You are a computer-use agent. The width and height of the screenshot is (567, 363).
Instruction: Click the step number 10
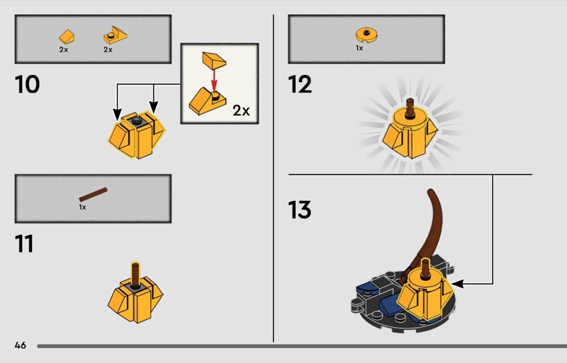coord(27,84)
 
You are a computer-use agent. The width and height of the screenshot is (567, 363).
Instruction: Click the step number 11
coord(24,243)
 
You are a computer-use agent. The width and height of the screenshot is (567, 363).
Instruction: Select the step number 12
coord(300,84)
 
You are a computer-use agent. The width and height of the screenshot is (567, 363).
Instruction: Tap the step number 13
coord(299,210)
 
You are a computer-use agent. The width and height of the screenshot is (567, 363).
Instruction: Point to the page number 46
coord(21,345)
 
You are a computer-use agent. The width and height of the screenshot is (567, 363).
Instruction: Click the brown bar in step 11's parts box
coord(94,195)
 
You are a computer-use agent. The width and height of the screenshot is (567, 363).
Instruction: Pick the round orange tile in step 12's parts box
coord(366,35)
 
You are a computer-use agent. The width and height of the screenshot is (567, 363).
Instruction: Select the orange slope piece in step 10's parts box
coord(67,37)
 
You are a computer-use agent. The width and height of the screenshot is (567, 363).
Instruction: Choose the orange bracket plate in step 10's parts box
coord(116,35)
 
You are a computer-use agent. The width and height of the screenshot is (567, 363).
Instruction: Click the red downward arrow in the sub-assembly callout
coord(215,81)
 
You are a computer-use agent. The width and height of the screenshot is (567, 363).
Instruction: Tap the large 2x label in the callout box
coord(241,110)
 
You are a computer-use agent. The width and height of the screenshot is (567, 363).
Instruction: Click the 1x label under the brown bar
coord(82,207)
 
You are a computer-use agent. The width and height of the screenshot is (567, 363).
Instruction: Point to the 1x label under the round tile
coord(359,48)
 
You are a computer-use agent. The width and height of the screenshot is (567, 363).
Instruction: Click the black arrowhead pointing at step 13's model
coord(457,284)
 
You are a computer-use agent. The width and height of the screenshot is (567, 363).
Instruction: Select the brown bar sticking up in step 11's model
coord(135,275)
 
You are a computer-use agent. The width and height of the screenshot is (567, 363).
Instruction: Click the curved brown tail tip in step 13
coord(430,191)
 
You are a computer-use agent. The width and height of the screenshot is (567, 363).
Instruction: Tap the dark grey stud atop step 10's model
coord(136,120)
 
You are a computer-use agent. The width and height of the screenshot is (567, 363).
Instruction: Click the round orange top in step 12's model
coord(410,119)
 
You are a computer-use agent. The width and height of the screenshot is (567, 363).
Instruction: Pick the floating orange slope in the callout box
coord(214,60)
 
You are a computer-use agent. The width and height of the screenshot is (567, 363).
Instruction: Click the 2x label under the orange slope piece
coord(64,50)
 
